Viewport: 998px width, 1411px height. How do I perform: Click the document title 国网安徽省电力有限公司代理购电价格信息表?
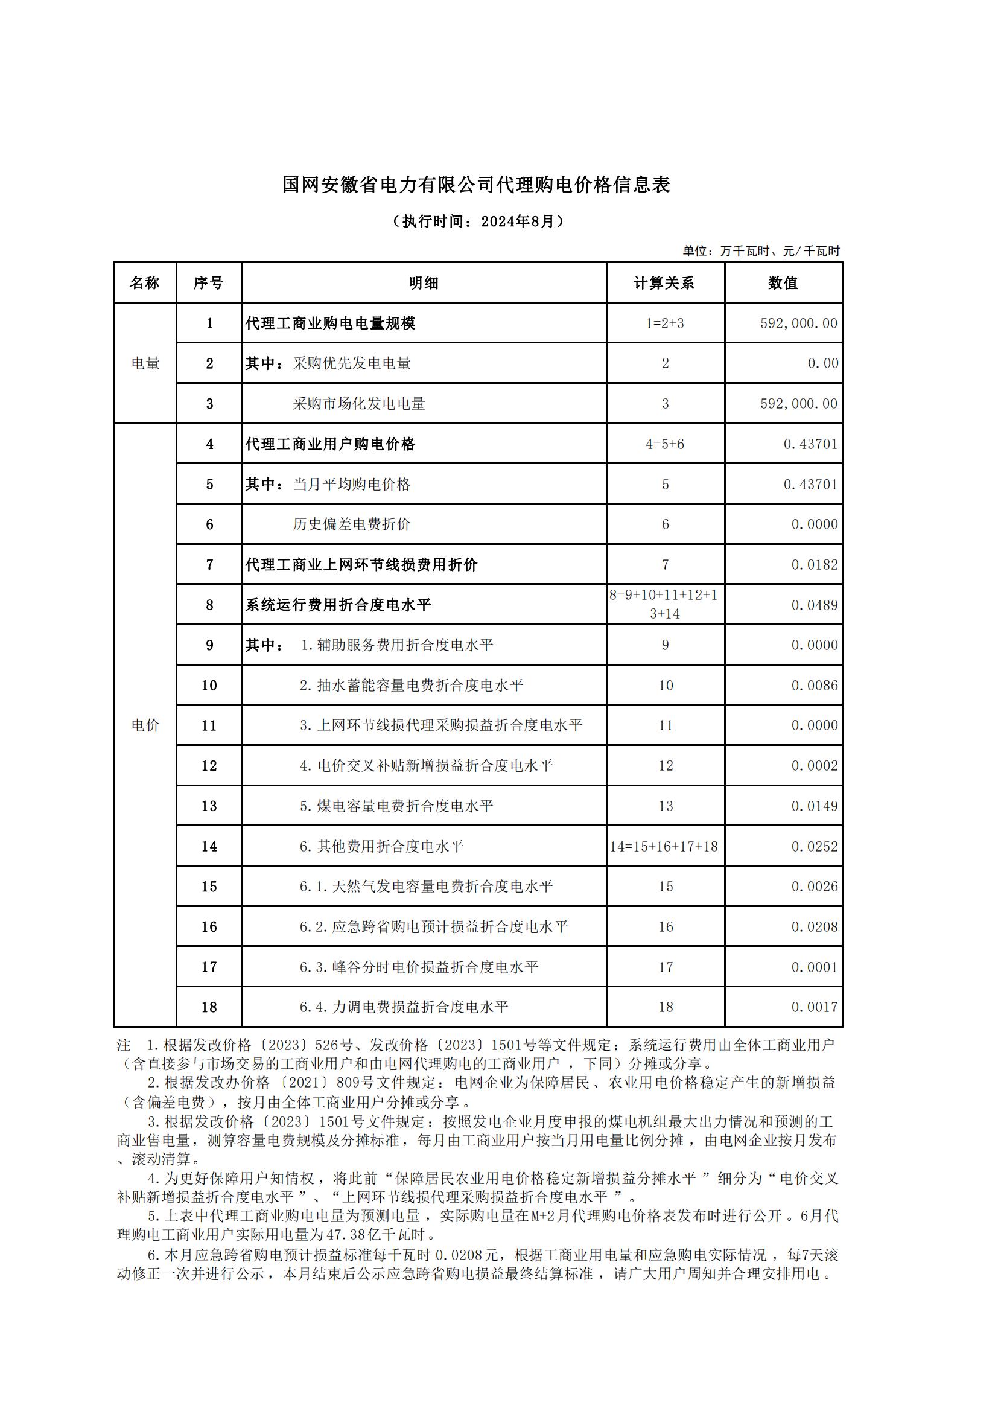point(475,185)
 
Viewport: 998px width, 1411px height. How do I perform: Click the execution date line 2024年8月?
point(477,221)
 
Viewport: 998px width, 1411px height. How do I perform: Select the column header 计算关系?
point(664,283)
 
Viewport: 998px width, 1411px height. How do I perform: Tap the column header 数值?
point(783,283)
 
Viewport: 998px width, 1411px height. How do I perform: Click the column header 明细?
point(424,283)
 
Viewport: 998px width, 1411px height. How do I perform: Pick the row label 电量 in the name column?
point(145,363)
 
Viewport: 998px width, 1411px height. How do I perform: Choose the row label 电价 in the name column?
point(145,725)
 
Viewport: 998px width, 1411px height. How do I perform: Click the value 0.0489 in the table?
point(814,605)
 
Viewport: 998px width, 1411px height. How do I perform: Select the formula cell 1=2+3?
point(664,323)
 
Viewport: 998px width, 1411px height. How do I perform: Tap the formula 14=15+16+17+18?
point(664,847)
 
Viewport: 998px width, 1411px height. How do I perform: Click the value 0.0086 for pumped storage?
point(814,685)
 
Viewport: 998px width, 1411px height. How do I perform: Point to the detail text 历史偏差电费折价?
point(352,524)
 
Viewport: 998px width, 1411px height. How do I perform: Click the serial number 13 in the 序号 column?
point(209,806)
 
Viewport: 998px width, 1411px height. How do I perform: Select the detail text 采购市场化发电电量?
point(359,404)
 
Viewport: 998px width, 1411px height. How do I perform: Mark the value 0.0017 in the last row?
point(814,1007)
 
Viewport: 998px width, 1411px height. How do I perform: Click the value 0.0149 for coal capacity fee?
point(814,806)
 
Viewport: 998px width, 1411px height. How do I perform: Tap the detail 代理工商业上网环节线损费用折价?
point(361,565)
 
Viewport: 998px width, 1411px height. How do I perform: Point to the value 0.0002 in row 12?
point(814,766)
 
